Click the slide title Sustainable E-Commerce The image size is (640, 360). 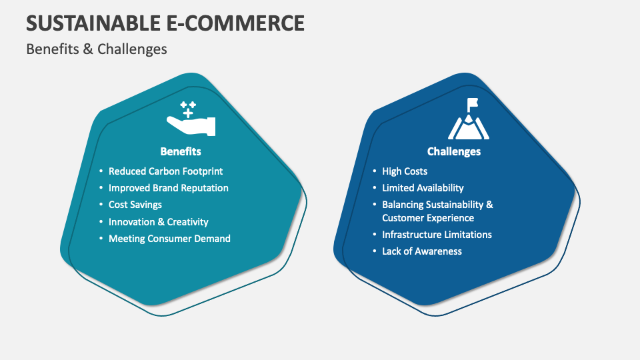(x=165, y=23)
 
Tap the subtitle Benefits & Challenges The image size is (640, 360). (x=97, y=49)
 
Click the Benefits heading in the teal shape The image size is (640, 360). (x=181, y=151)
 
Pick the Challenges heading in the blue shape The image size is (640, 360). (x=454, y=151)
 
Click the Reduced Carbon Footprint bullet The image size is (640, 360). (x=165, y=171)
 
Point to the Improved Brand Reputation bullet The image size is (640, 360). (x=168, y=188)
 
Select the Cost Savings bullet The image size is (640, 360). (x=135, y=205)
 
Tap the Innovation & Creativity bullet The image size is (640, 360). (x=159, y=221)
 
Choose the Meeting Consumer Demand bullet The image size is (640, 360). (x=169, y=238)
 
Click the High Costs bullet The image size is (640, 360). (x=405, y=171)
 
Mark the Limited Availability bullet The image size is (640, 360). (x=423, y=188)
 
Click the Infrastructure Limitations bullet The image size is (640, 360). (x=437, y=235)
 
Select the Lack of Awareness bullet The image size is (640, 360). (x=422, y=251)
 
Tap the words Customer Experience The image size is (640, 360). (x=428, y=218)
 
